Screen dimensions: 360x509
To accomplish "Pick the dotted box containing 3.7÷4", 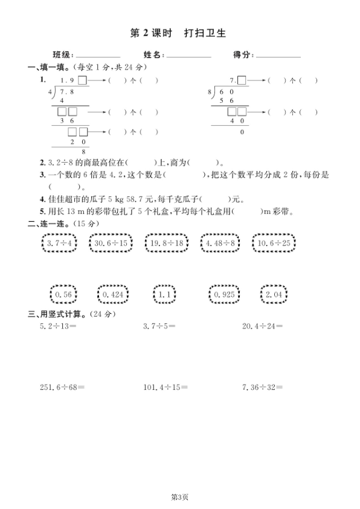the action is pos(60,244).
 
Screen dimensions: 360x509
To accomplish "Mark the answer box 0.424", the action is pos(114,294).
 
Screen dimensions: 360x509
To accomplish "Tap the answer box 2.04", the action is pos(274,294).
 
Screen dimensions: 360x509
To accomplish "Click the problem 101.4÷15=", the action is pos(162,386).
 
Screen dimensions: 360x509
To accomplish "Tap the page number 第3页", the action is pos(179,497).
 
